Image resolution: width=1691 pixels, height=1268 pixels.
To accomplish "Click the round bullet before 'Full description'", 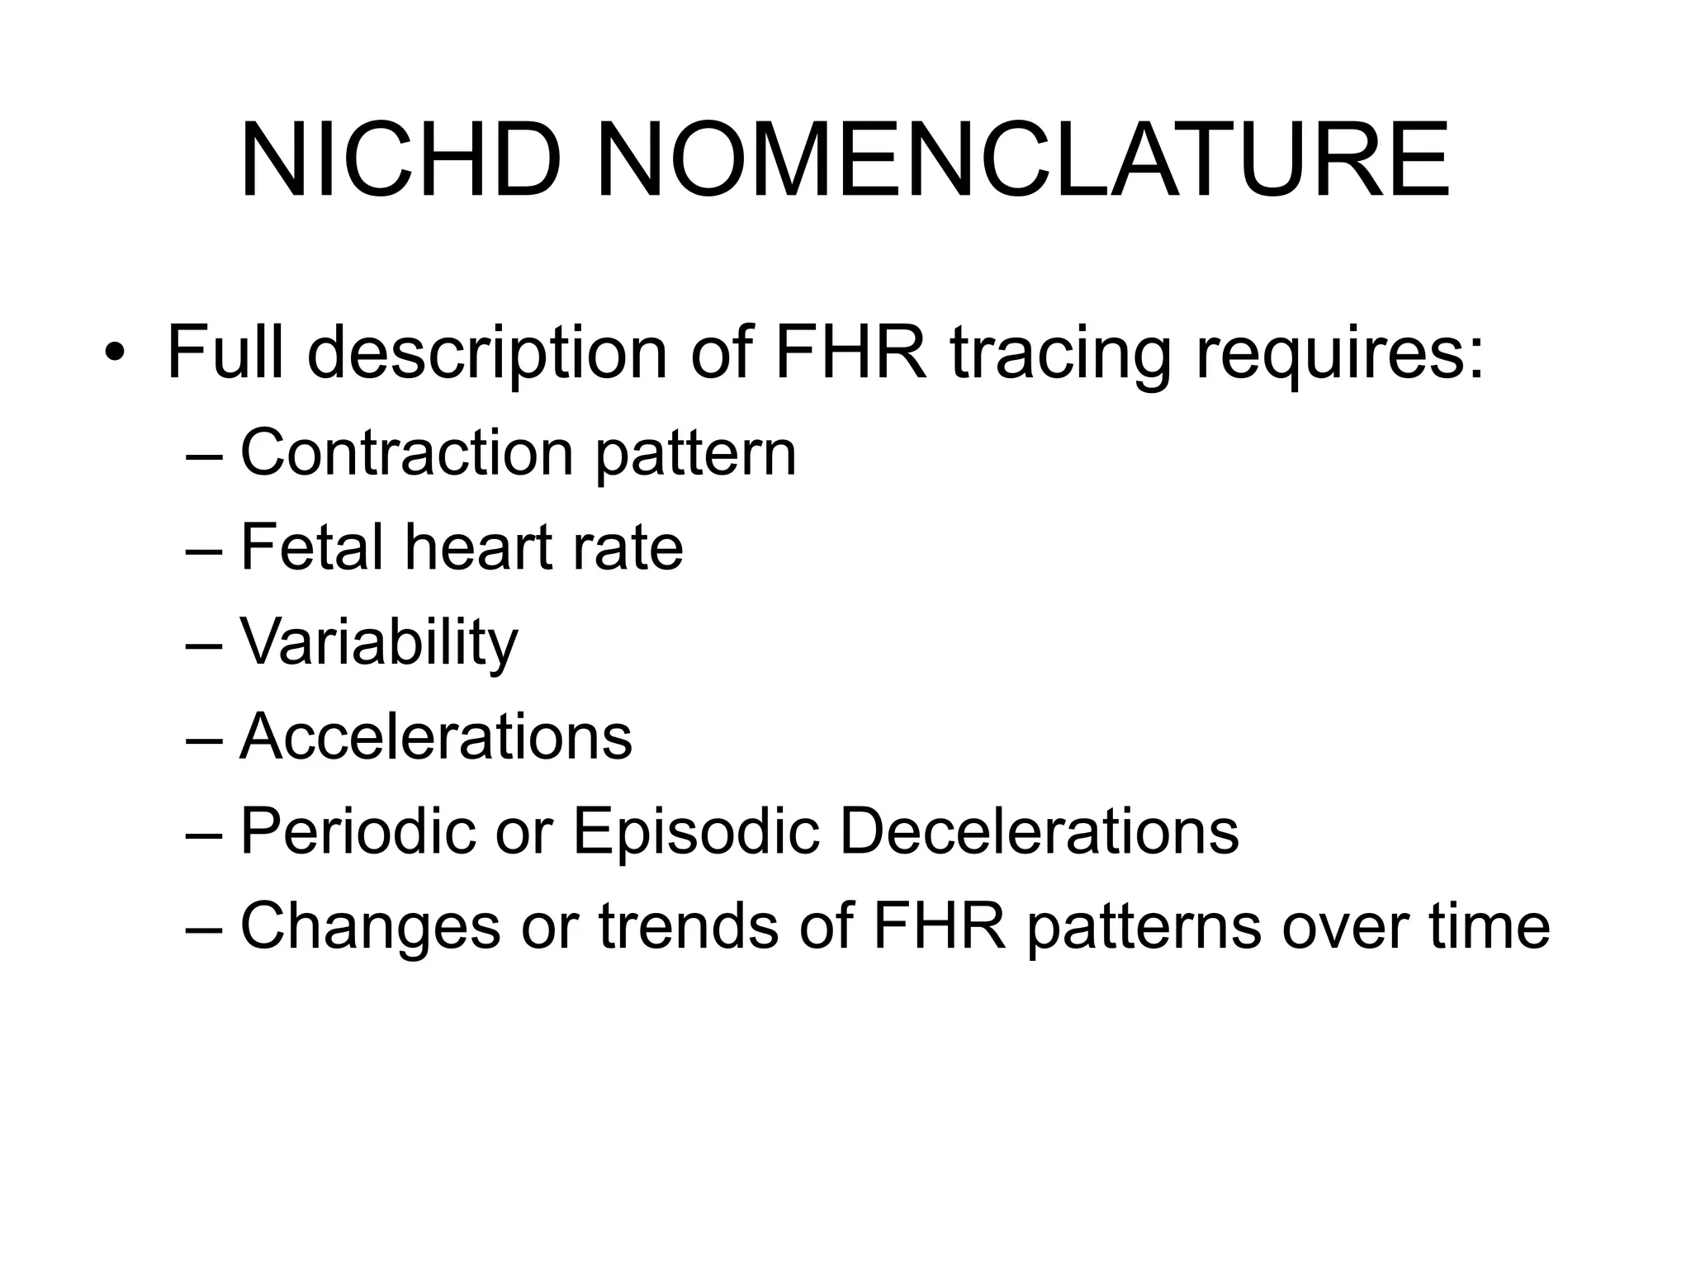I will (115, 353).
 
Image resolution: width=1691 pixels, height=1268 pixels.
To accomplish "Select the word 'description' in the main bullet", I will (487, 353).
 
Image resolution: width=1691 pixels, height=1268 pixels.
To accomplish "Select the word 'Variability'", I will (379, 642).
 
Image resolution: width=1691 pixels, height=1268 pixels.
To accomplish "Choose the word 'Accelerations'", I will (436, 736).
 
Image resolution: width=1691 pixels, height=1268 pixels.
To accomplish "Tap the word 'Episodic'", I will (696, 831).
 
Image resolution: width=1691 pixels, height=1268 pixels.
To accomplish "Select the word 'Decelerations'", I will (1039, 831).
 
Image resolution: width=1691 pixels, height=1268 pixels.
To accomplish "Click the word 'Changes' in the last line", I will (371, 926).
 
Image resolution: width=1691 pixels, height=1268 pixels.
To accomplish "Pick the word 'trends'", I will (689, 926).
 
